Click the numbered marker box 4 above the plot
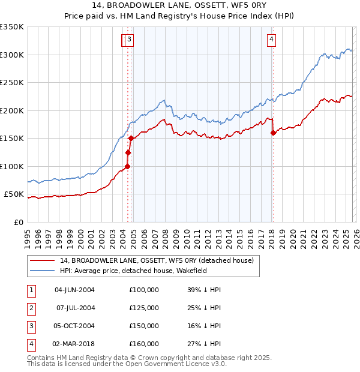(x=272, y=40)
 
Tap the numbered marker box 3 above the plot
(x=130, y=40)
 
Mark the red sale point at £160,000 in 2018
(x=273, y=133)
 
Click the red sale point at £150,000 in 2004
(x=131, y=139)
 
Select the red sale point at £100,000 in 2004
(x=127, y=166)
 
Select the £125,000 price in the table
(x=143, y=308)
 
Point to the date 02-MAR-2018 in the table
(x=74, y=344)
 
